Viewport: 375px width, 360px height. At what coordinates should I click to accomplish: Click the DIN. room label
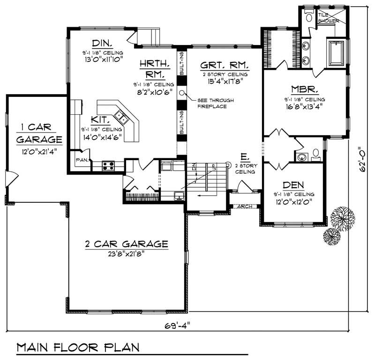pos(101,43)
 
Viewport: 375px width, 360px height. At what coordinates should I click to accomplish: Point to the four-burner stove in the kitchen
pos(108,165)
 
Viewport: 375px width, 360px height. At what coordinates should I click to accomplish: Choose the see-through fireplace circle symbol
pos(181,92)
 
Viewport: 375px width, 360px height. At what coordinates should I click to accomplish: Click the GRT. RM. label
pos(224,65)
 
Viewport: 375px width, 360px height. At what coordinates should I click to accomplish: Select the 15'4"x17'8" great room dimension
pos(224,81)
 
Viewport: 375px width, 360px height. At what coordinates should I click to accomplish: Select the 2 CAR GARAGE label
pos(127,244)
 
